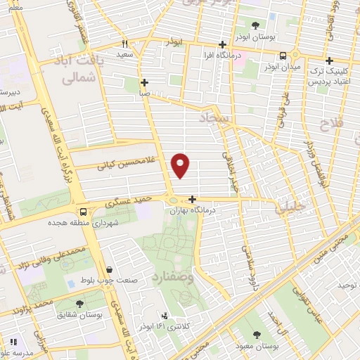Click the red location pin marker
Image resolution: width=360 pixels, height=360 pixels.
[x=181, y=165]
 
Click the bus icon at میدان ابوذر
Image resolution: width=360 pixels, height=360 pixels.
[x=283, y=56]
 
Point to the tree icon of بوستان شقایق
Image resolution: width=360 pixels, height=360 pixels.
[x=79, y=304]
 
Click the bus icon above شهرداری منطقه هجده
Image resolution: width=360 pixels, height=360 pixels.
[x=84, y=211]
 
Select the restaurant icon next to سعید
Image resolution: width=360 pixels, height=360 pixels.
[x=124, y=44]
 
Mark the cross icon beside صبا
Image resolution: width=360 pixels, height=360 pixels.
[x=143, y=82]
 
